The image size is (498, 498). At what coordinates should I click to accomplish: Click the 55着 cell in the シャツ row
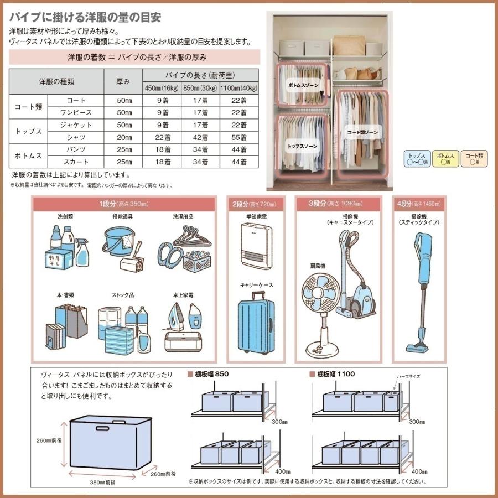click(240, 137)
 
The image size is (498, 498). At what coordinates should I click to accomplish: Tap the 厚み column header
click(124, 81)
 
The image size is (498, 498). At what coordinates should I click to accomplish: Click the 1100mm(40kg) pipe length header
click(240, 87)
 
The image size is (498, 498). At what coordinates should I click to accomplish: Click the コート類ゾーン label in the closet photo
click(362, 132)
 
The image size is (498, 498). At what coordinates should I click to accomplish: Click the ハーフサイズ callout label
click(408, 376)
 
